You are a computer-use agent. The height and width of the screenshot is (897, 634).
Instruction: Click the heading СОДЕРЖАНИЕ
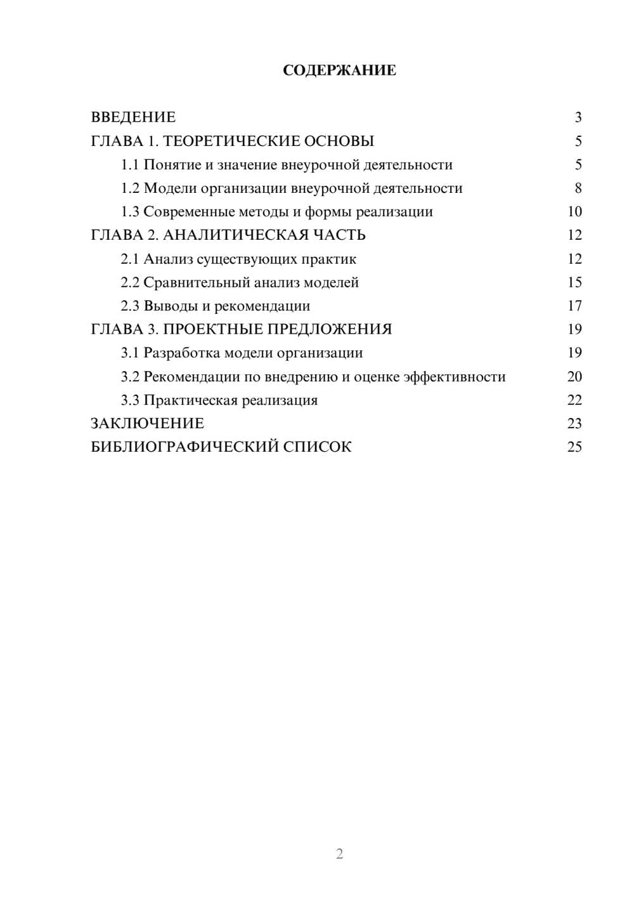[x=339, y=70]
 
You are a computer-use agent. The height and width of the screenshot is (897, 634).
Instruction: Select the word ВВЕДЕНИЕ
[x=133, y=117]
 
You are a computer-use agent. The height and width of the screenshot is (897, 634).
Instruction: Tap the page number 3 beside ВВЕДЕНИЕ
[x=578, y=117]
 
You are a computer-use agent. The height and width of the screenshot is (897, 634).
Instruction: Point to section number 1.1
[x=130, y=165]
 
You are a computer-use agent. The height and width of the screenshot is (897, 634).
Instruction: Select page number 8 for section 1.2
[x=578, y=188]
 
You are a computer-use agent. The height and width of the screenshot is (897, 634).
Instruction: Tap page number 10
[x=574, y=212]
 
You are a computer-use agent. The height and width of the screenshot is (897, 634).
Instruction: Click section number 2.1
[x=130, y=259]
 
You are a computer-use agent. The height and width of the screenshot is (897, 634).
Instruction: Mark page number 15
[x=574, y=282]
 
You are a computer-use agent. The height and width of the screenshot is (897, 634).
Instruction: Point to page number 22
[x=574, y=400]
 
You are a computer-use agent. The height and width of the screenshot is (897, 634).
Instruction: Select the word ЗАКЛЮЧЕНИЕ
[x=147, y=424]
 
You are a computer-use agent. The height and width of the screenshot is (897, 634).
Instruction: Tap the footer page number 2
[x=339, y=854]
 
